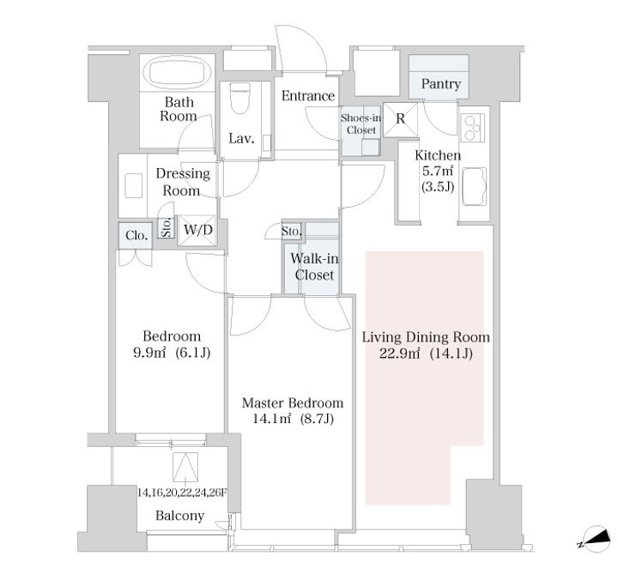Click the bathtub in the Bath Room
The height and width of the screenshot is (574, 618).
pos(178,72)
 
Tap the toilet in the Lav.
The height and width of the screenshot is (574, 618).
pos(240,98)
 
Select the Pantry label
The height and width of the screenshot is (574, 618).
pos(440,84)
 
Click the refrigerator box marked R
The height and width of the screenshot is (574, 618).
pos(401,120)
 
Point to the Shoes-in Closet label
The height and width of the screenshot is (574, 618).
pos(361,124)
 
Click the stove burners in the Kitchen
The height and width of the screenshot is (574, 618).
pos(472,128)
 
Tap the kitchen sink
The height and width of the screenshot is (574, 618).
pos(474,186)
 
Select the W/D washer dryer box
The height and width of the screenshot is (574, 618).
pos(197,230)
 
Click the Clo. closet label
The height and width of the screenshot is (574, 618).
pos(136,236)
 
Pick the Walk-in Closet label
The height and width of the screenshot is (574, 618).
pos(314,267)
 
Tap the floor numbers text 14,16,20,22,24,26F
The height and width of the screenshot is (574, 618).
pos(183,492)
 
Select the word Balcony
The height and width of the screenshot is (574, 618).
pos(179,516)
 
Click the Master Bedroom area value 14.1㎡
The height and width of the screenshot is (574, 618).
pos(271,419)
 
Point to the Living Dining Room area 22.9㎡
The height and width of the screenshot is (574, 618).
pos(400,353)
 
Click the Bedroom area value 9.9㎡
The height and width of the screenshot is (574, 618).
pos(149,352)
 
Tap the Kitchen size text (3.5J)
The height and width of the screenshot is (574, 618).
pos(438,186)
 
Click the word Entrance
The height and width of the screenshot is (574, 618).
pos(308,96)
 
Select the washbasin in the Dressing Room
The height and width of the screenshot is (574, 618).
pos(134,185)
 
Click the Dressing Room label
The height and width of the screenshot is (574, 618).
pos(183,182)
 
